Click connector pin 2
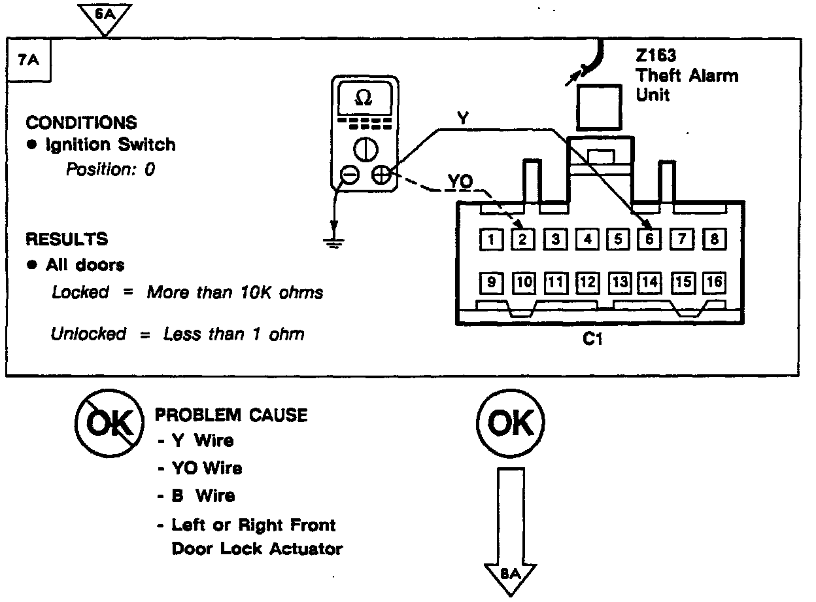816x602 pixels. pyautogui.click(x=522, y=239)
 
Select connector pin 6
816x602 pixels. pyautogui.click(x=649, y=239)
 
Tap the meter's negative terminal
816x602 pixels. pyautogui.click(x=350, y=175)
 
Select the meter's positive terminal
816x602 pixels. pyautogui.click(x=381, y=175)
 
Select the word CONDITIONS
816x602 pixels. pyautogui.click(x=81, y=123)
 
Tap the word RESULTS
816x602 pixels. pyautogui.click(x=67, y=239)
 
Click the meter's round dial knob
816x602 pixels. pyautogui.click(x=365, y=150)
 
